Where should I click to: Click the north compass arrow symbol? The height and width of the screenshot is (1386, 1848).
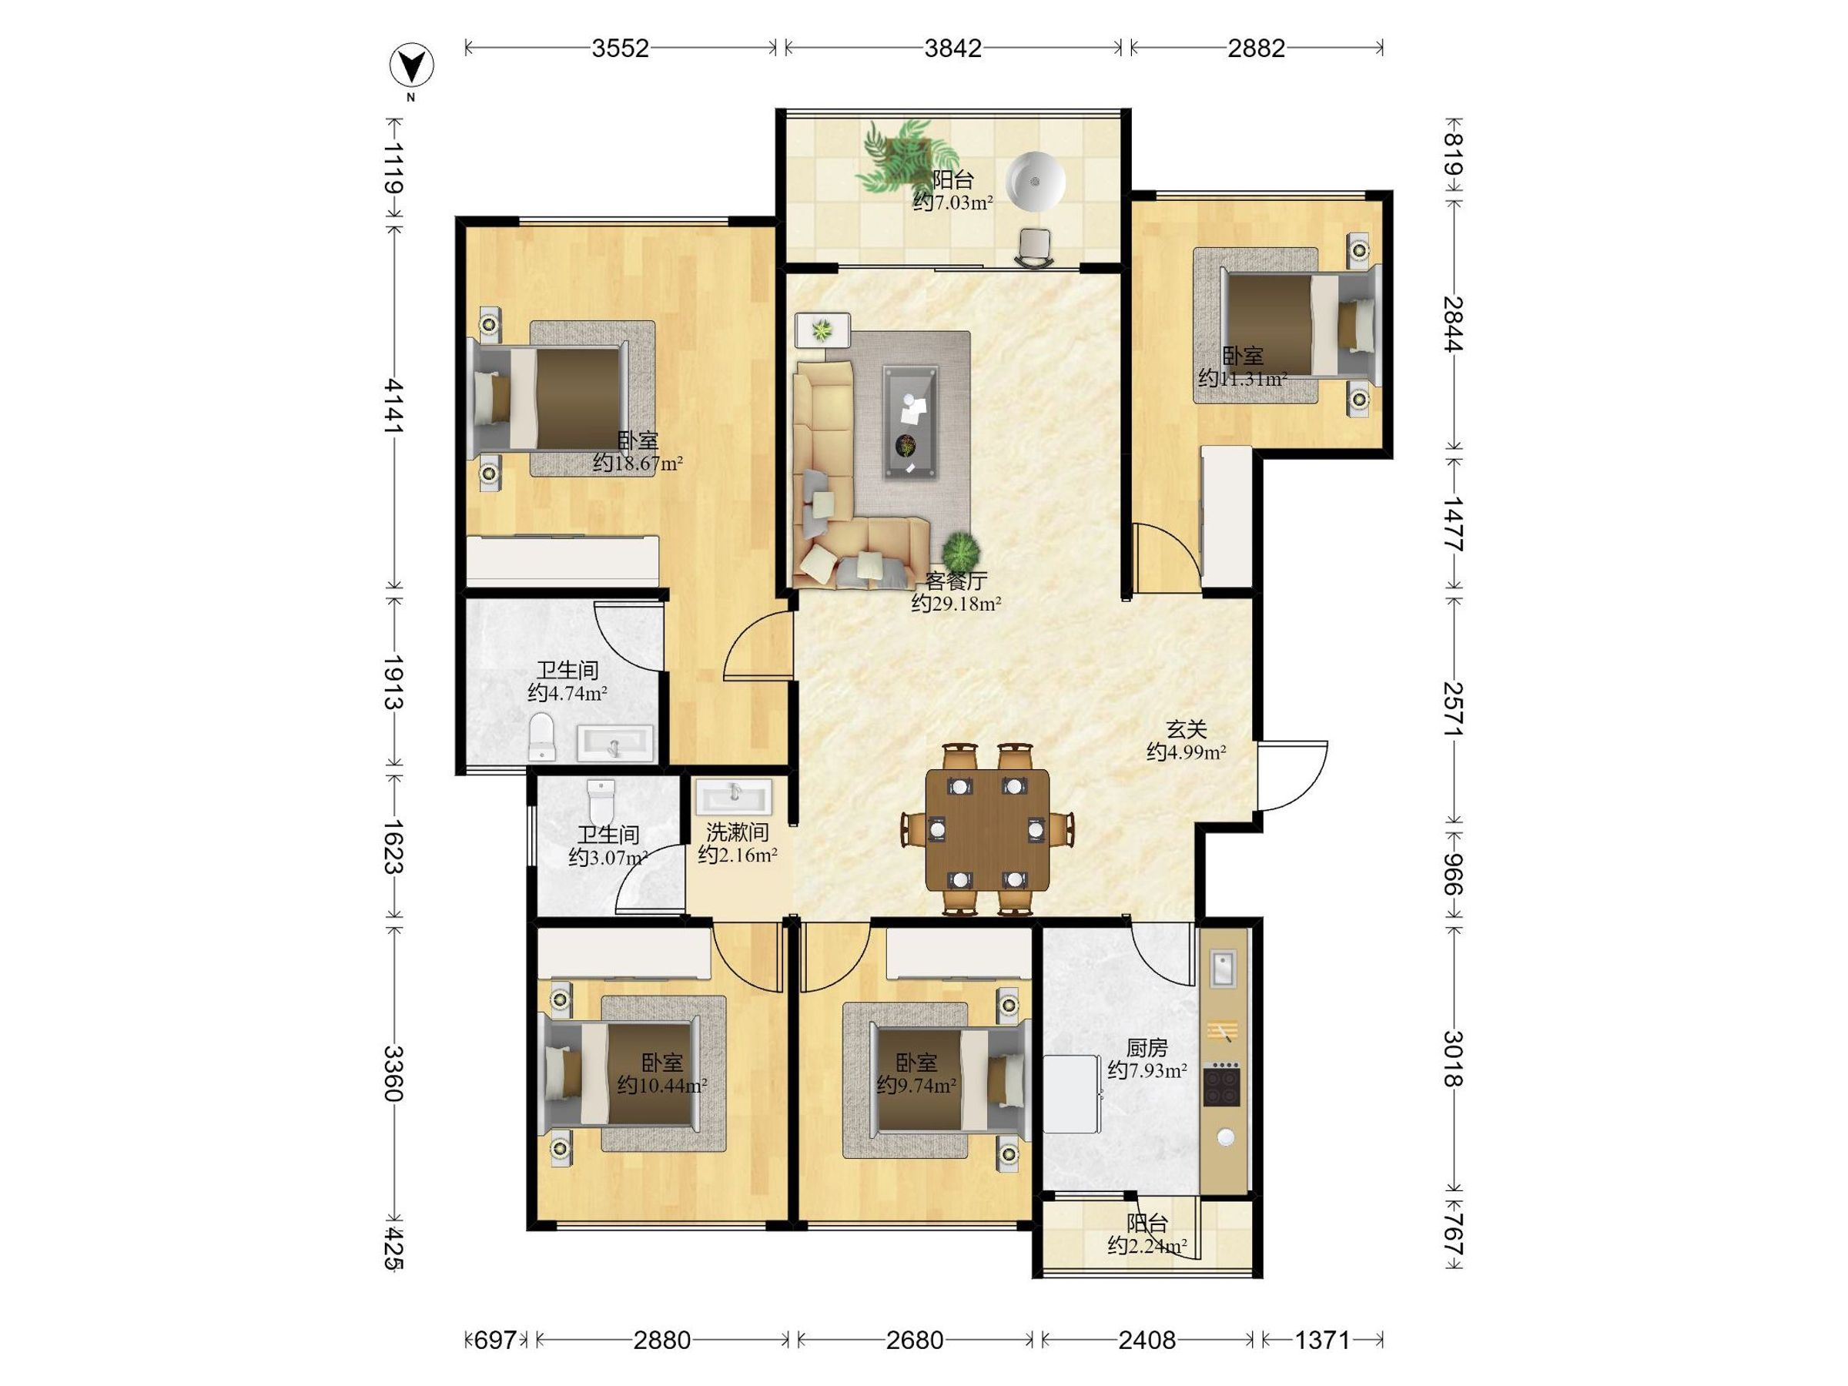click(412, 66)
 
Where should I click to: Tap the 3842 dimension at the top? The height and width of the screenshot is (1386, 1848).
click(952, 49)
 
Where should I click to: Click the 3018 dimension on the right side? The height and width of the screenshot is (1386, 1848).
click(1454, 1059)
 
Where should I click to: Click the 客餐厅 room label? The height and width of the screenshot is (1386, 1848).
click(956, 580)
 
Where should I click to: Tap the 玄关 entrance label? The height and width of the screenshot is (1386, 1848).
click(1187, 729)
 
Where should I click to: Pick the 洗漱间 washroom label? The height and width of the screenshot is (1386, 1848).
click(737, 832)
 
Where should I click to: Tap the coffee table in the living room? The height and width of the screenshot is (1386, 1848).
click(910, 422)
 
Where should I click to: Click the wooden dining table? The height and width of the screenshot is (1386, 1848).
click(986, 832)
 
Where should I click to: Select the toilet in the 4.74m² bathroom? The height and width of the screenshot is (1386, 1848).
click(542, 736)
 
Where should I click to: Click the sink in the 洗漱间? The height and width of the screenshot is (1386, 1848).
click(735, 796)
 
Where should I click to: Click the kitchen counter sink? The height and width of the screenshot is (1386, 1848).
click(1222, 969)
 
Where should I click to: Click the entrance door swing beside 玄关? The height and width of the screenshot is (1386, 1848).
click(1291, 775)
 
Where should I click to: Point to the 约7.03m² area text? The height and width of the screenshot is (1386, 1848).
click(952, 203)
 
